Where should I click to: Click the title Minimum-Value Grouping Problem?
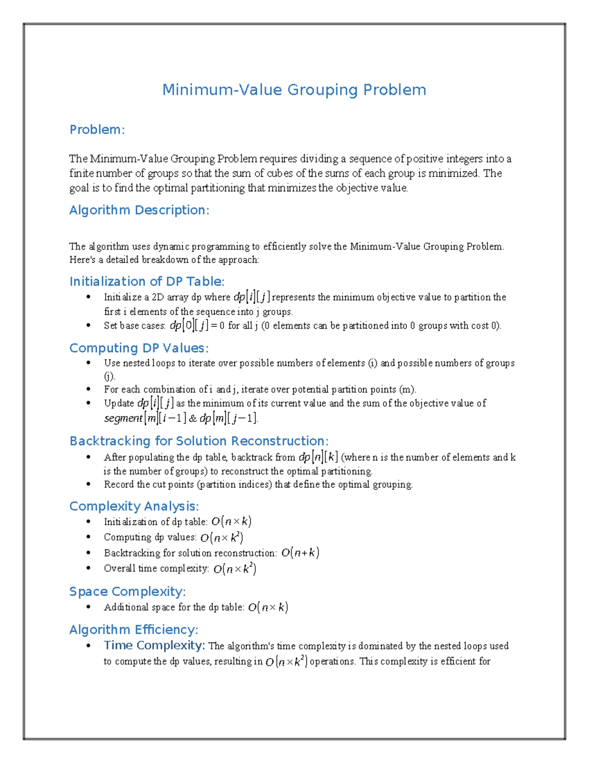pos(294,90)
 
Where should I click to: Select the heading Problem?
pos(97,130)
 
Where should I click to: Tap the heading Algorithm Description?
pos(139,210)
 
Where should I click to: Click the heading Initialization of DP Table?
pos(147,282)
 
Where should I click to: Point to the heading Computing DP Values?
pos(139,348)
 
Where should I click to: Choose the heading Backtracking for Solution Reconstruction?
pos(199,441)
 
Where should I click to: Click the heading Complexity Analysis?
pos(134,507)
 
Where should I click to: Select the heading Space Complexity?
pos(127,592)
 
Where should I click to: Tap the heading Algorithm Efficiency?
pos(134,630)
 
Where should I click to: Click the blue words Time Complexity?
pos(154,646)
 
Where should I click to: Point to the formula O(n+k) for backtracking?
pos(300,553)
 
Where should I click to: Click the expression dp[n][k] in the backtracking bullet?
pos(318,457)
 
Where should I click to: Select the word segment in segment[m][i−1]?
pos(123,419)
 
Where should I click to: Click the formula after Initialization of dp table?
pos(232,522)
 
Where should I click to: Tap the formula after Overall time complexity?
pos(235,569)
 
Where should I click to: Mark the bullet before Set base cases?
pos(88,325)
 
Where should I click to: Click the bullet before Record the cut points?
pos(88,484)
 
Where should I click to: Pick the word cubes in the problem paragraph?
pos(280,173)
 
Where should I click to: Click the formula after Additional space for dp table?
pos(268,608)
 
